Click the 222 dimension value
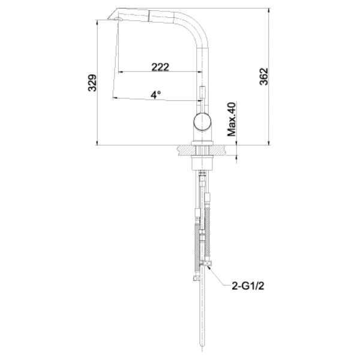160,67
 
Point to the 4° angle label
156,94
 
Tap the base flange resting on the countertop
201,144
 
